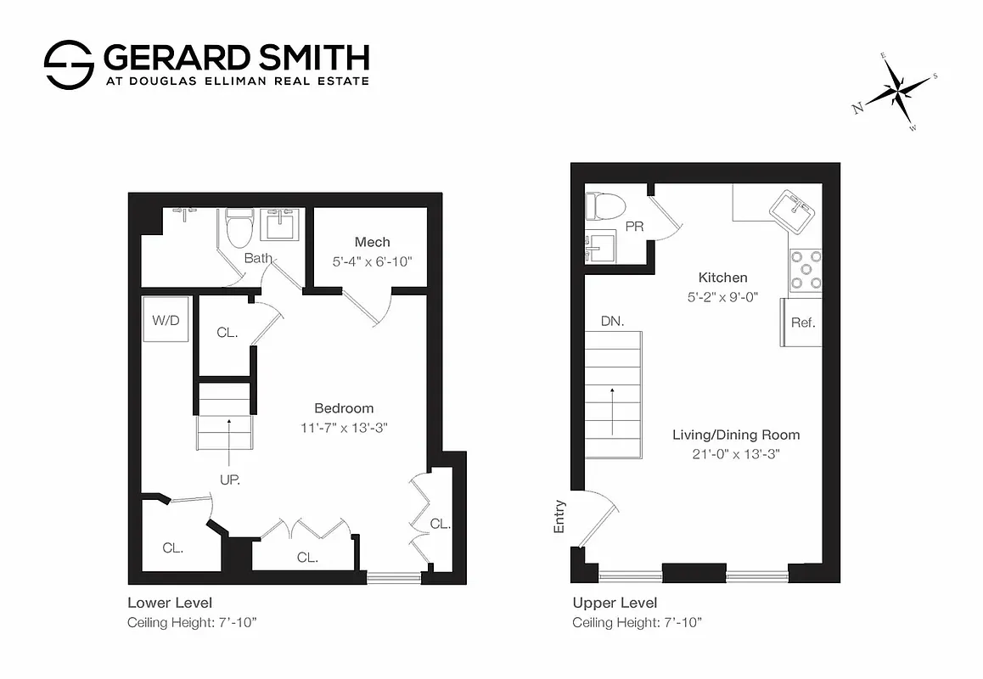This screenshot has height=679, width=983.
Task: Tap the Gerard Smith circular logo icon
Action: [68, 65]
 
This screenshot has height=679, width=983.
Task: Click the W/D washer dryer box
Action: [166, 320]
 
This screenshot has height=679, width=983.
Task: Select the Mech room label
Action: [372, 243]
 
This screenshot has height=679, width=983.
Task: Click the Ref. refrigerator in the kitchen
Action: [801, 323]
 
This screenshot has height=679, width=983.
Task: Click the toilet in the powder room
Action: [605, 205]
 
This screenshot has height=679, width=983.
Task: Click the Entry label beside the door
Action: [559, 517]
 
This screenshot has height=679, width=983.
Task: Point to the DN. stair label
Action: [612, 322]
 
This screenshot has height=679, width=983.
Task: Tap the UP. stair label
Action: [229, 480]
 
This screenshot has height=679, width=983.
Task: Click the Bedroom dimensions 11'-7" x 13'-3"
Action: [344, 426]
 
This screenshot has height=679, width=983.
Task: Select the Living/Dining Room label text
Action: [736, 435]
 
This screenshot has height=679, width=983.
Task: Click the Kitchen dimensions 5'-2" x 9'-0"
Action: [722, 297]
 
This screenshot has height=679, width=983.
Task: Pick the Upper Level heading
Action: [615, 603]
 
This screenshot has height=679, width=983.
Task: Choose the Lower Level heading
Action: [170, 603]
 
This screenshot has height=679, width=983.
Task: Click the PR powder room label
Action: [633, 227]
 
